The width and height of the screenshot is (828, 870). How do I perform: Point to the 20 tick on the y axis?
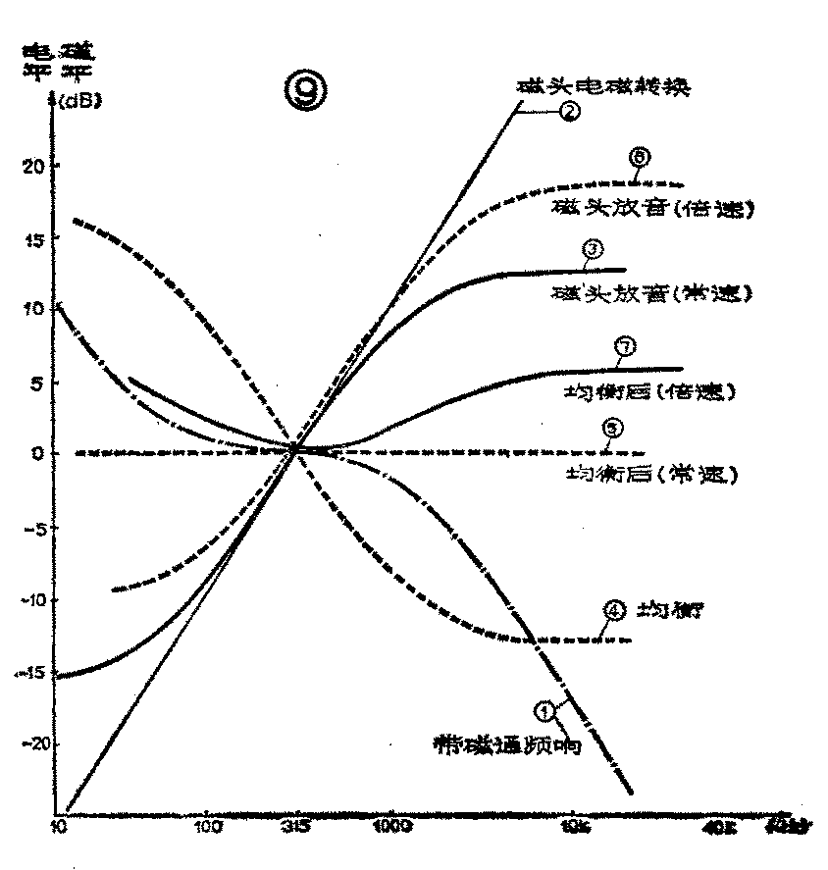[31, 165]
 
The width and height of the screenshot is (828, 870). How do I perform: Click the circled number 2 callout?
[569, 112]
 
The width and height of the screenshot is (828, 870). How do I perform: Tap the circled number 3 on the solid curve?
[593, 249]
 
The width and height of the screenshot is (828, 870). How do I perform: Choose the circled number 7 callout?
[625, 345]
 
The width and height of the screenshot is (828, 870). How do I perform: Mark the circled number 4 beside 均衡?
[613, 609]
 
